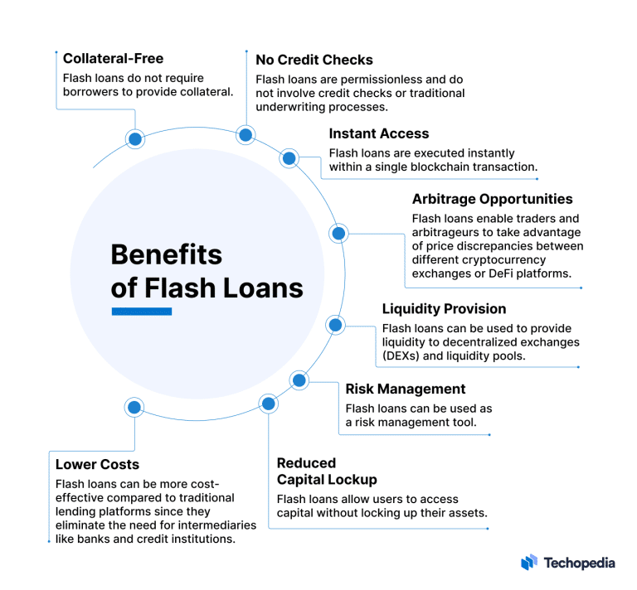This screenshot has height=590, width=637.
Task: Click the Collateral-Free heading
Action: [113, 59]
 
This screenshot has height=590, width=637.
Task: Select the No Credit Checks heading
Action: [314, 60]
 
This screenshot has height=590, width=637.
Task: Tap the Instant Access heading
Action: [378, 133]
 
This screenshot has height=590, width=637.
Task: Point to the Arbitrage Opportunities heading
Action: [492, 199]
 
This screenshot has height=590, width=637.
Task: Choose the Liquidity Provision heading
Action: [444, 309]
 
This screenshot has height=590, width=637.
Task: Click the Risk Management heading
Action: [406, 389]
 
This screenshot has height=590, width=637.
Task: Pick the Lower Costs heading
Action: [97, 464]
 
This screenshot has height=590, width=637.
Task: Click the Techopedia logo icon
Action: [529, 563]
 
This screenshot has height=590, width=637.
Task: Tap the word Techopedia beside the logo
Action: [580, 563]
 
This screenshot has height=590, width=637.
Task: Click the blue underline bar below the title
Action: [141, 312]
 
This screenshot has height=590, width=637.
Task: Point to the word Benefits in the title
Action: [167, 254]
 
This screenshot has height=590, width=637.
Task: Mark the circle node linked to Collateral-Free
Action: [134, 138]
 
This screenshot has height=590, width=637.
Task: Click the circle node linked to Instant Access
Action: [289, 158]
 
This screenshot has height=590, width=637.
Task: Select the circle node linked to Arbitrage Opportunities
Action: [338, 234]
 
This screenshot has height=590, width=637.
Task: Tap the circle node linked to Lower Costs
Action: [134, 406]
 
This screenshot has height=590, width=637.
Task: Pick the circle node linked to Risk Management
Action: [299, 380]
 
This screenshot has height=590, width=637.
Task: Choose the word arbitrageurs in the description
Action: [455, 232]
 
